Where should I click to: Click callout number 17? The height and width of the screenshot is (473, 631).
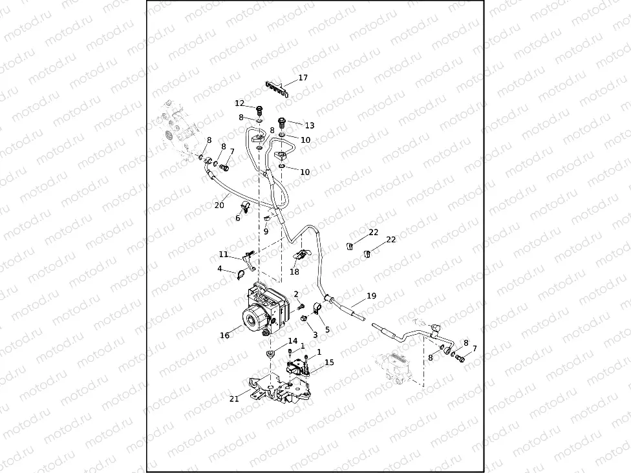[x=303, y=78]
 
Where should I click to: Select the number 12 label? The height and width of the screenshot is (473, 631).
[x=240, y=103]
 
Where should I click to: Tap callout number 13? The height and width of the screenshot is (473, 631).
[x=310, y=125]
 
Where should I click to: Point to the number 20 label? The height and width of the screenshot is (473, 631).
[x=219, y=206]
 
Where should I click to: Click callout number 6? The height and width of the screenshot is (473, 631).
[x=238, y=218]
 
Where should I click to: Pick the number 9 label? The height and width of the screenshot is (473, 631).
[x=266, y=231]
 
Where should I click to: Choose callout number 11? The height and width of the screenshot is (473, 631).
[x=223, y=254]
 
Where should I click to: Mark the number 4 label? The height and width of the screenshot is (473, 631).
[x=220, y=269]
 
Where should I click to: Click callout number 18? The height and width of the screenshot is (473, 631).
[x=295, y=273]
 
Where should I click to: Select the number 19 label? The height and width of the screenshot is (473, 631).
[x=371, y=296]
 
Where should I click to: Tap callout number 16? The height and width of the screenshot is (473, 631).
[x=225, y=335]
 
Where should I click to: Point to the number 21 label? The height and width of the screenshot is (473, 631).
[x=234, y=399]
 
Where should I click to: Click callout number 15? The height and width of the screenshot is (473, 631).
[x=329, y=363]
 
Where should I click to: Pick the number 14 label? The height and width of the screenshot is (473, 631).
[x=292, y=341]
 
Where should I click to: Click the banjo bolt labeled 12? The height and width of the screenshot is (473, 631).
[x=260, y=109]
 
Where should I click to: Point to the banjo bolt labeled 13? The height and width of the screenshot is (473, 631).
[x=282, y=121]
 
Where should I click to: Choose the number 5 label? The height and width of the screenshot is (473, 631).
[x=327, y=330]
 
